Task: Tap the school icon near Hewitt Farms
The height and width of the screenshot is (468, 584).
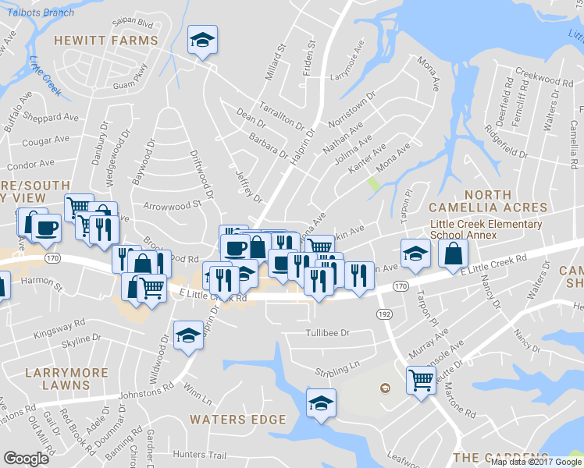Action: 203,40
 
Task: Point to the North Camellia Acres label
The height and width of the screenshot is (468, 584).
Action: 487,200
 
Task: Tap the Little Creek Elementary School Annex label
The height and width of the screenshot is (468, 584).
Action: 486,229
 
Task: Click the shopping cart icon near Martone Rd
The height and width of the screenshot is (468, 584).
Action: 421,381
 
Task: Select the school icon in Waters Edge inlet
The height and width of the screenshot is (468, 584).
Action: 321,403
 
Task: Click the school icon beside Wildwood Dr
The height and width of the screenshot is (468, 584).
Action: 187,335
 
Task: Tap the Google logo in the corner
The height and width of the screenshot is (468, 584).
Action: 26,459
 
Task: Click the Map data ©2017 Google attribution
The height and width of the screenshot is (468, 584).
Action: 536,461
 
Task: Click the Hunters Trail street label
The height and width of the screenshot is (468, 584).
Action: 199,455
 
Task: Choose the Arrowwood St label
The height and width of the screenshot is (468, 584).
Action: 173,206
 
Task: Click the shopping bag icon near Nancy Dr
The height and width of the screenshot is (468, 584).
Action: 454,253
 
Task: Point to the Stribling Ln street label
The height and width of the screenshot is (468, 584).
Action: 337,364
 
